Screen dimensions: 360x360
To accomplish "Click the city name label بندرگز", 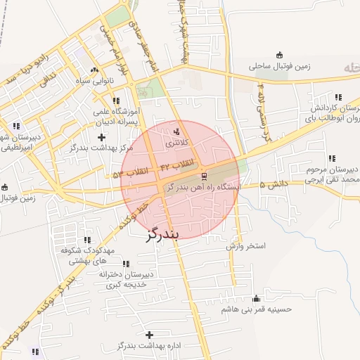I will click(x=163, y=234).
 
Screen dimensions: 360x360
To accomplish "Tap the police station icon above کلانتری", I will click(x=176, y=131).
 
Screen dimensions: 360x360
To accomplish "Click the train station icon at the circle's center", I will click(x=204, y=176).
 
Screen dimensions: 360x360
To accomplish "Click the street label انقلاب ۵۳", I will click(x=127, y=172).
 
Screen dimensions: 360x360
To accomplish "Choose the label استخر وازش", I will click(x=245, y=246).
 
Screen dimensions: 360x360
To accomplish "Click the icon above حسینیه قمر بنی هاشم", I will click(x=256, y=297).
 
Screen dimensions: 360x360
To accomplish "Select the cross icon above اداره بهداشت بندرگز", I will click(x=148, y=334).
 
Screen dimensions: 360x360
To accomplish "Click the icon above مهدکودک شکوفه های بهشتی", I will click(x=86, y=240).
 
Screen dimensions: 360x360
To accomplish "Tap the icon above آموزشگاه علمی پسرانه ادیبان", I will click(x=116, y=101).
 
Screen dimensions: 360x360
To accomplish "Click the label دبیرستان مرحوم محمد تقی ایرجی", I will click(x=333, y=175).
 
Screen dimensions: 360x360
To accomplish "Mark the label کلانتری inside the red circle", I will click(x=176, y=143).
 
